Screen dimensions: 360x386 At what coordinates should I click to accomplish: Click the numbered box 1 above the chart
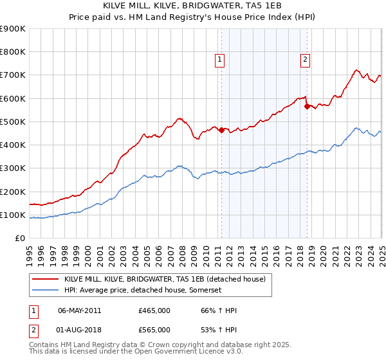pos(220,60)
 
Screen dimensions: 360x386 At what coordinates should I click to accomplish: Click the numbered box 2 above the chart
pos(305,60)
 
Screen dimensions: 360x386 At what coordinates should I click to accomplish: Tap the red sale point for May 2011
pos(221,130)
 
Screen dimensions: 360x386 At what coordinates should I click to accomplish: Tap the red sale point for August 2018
pos(307,107)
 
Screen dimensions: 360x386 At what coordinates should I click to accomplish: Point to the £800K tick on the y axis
pos(13,52)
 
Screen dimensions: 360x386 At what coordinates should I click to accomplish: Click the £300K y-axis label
pos(13,168)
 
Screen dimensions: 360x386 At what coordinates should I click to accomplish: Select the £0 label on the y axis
pos(21,239)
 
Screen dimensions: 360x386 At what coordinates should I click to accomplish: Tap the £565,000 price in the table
pos(154,330)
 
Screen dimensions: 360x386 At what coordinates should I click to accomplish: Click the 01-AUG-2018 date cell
pos(79,330)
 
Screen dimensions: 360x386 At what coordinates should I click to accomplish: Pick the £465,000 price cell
pos(154,310)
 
